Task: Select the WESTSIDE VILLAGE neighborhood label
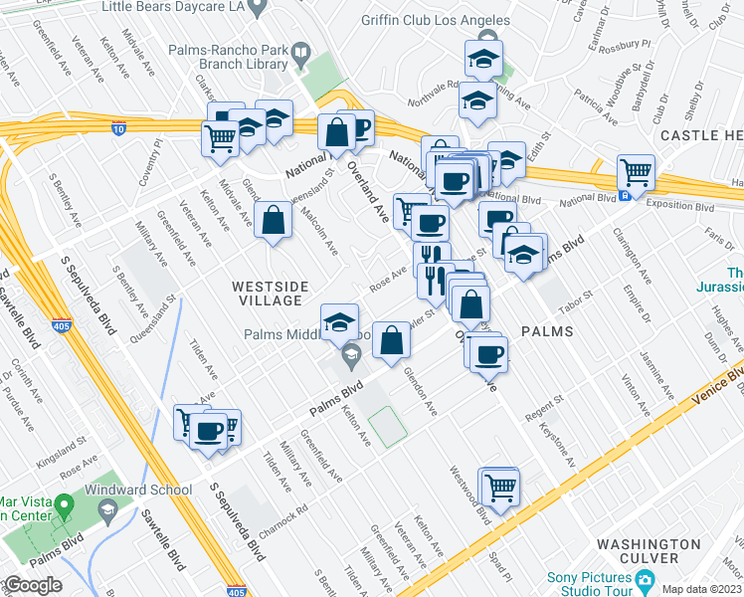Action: (267, 293)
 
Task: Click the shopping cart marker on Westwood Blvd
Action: (500, 487)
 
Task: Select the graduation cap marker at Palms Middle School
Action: (339, 321)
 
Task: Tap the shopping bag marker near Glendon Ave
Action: (392, 339)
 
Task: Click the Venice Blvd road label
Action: (727, 384)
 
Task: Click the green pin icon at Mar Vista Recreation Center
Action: (65, 506)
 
